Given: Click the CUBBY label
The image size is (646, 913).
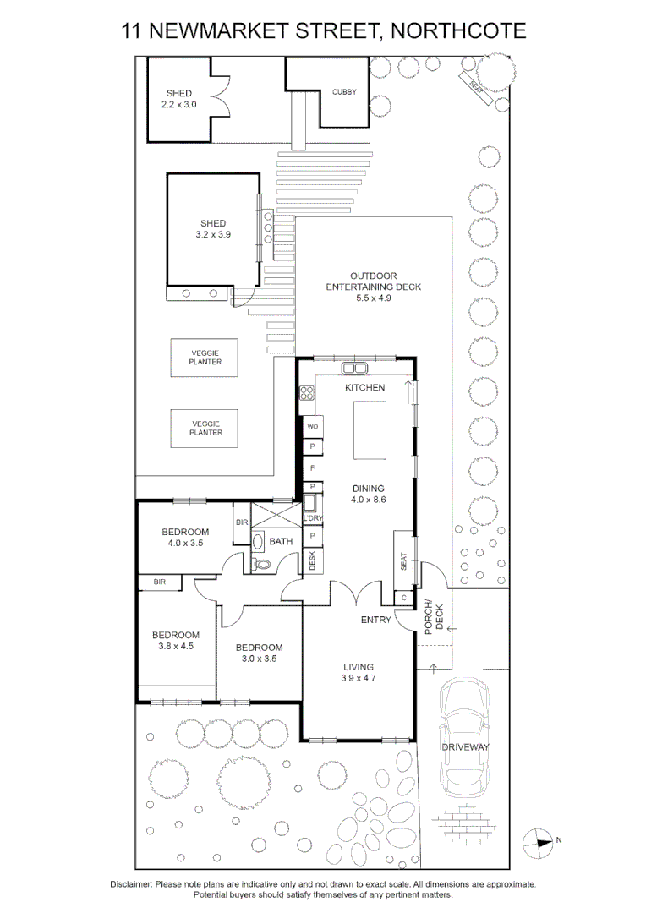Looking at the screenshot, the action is click(x=344, y=92).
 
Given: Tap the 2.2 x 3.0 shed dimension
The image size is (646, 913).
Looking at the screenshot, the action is click(x=178, y=105).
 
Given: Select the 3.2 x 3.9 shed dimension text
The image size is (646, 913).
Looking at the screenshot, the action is click(x=213, y=235).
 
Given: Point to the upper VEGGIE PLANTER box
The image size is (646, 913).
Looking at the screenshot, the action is click(x=205, y=358).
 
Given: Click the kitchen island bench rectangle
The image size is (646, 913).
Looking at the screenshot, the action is click(x=370, y=430).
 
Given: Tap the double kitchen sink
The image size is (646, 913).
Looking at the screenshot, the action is click(x=353, y=368).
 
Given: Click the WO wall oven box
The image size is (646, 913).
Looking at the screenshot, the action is click(x=313, y=426).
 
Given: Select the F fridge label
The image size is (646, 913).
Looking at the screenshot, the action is click(x=313, y=468).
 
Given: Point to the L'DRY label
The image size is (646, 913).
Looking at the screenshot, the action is click(x=313, y=518).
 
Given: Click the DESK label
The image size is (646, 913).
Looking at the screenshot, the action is click(x=312, y=560).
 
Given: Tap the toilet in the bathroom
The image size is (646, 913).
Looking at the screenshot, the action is click(x=261, y=564).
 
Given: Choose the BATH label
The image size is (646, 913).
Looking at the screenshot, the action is click(x=281, y=542).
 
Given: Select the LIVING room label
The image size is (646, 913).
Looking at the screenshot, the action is click(x=359, y=667).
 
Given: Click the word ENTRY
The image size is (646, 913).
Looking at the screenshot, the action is click(x=375, y=621).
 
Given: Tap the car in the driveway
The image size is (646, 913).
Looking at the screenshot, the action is click(x=464, y=738).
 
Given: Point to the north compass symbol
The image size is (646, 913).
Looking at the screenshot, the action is click(x=537, y=841).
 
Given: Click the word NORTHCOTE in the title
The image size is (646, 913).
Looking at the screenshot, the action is click(x=458, y=31).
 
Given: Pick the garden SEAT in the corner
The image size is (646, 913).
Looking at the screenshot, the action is click(x=476, y=89).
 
